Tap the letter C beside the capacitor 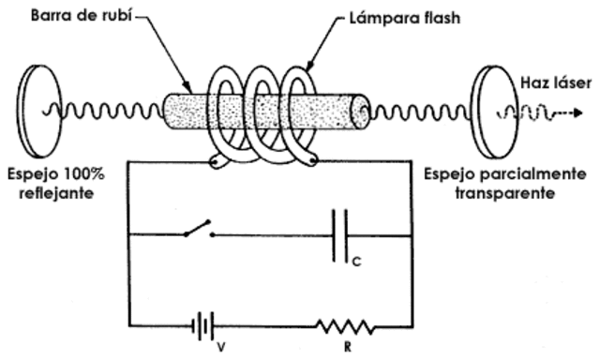pos(356,263)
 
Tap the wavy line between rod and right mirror pos(418,112)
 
